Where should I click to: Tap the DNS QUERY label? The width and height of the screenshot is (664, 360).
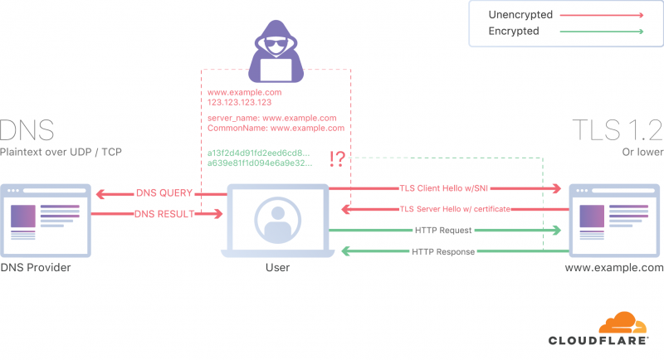coord(164,193)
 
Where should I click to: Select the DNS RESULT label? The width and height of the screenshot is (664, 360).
coord(164,214)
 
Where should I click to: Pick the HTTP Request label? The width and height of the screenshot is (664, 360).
coord(444,230)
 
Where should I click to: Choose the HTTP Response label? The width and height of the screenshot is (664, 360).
coord(443,251)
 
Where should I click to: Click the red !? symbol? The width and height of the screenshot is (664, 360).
coord(337,158)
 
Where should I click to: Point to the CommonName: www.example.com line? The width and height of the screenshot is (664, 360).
coord(276,129)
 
